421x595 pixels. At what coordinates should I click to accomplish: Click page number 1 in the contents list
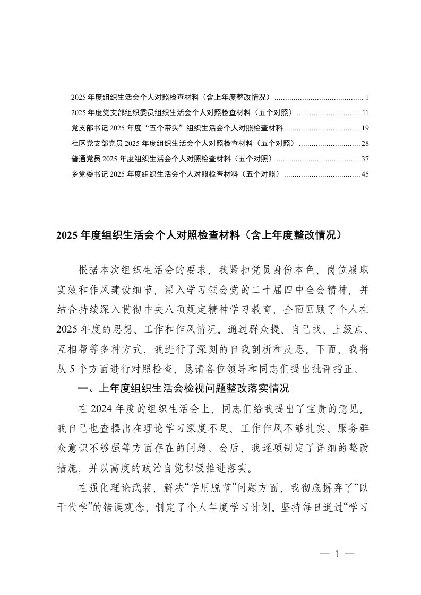[367, 98]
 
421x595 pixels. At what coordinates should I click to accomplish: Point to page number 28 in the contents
[365, 144]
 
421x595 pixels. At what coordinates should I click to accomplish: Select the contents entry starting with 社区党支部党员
[183, 144]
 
